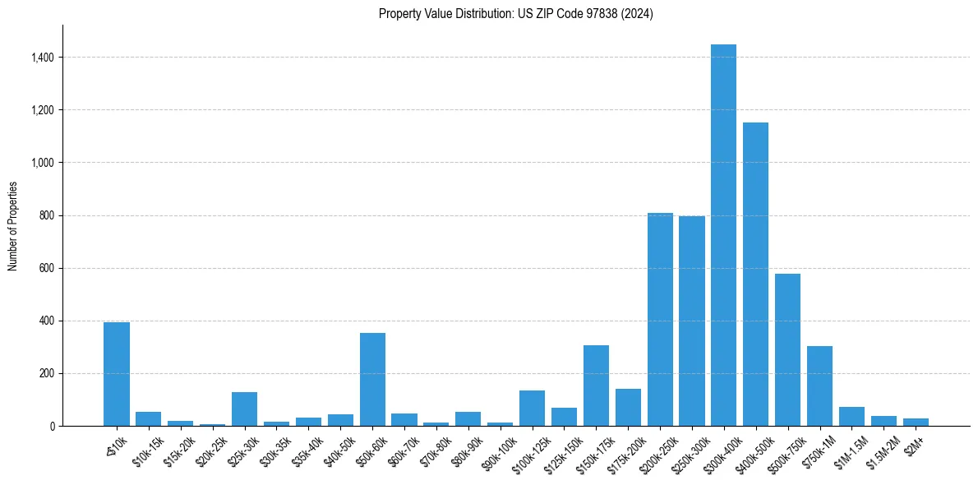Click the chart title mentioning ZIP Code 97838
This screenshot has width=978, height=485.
click(515, 14)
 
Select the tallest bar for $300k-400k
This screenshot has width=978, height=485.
click(723, 235)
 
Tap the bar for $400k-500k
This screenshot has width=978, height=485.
click(755, 275)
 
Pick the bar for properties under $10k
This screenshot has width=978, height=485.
click(117, 374)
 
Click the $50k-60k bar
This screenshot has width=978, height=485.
click(372, 380)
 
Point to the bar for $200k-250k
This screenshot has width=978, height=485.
click(660, 320)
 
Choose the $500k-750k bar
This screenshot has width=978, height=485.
click(787, 350)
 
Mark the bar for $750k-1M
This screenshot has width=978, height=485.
click(819, 386)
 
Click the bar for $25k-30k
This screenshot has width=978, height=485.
click(244, 409)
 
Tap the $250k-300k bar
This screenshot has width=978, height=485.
click(692, 321)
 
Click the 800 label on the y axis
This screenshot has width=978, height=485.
click(48, 215)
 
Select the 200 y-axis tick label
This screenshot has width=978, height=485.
click(48, 373)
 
